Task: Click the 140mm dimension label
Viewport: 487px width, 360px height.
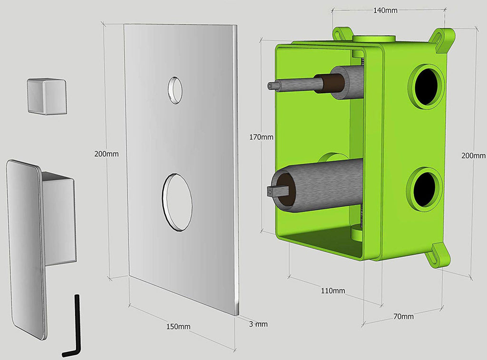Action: [x=385, y=10]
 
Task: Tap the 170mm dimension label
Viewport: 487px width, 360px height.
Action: [x=261, y=137]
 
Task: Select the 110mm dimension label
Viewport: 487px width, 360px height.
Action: [x=333, y=291]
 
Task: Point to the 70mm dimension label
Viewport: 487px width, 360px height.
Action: [x=403, y=317]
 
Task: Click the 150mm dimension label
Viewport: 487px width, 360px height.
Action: [x=178, y=326]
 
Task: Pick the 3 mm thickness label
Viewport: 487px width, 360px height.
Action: [x=258, y=324]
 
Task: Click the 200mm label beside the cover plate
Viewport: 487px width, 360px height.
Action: [x=107, y=154]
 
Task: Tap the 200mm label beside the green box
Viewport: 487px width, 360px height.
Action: [x=474, y=156]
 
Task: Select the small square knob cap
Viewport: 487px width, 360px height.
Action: [x=47, y=96]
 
